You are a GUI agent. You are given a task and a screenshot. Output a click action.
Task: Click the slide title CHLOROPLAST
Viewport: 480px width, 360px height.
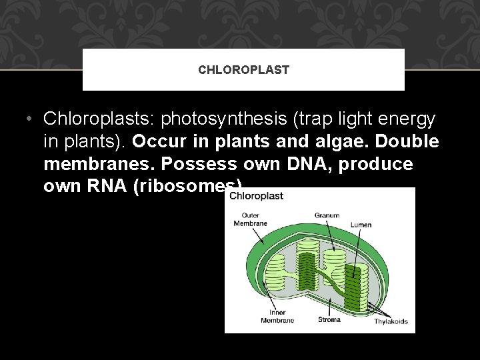[x=243, y=70]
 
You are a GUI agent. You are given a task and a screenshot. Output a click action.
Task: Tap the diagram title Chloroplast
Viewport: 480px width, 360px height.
[x=257, y=196]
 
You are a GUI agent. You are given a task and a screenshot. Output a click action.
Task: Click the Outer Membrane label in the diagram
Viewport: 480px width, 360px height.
[x=250, y=219]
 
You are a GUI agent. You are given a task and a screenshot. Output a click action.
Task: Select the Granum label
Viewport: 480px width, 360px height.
[x=327, y=215]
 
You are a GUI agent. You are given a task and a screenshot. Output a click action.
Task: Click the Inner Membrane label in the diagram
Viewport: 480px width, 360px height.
[x=278, y=316]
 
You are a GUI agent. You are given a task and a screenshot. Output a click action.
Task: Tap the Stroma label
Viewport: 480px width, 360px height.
[x=329, y=319]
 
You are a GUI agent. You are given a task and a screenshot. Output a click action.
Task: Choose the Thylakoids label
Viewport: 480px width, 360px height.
[x=391, y=321]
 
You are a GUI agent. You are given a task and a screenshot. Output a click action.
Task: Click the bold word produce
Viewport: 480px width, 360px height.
[x=376, y=164]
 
